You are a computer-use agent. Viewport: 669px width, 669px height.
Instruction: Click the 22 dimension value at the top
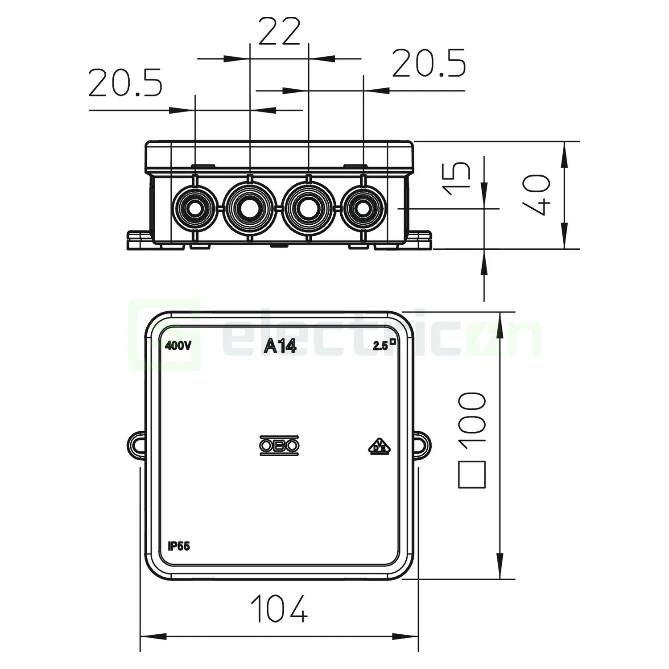click(x=279, y=32)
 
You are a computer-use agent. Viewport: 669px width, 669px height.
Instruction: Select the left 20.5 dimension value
click(x=125, y=83)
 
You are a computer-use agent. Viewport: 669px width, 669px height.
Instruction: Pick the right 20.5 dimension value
click(x=429, y=63)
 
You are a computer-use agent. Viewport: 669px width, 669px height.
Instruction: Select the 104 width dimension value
click(x=279, y=608)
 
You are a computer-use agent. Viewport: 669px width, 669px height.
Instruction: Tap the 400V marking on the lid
click(x=178, y=346)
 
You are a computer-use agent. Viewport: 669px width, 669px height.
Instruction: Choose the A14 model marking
click(x=280, y=346)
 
